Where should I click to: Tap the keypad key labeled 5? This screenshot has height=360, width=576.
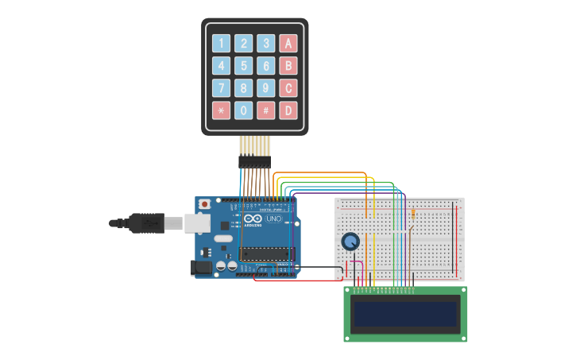(x=244, y=66)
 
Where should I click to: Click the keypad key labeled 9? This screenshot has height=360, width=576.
(x=266, y=88)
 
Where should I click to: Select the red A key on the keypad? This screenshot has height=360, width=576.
(x=288, y=44)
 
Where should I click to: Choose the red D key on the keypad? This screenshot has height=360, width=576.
(x=288, y=110)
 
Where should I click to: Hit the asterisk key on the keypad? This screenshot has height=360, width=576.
(x=222, y=110)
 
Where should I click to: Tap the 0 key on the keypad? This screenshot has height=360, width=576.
(x=244, y=110)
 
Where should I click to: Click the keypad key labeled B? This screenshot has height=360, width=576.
(x=288, y=66)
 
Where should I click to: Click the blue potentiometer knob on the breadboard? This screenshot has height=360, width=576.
(x=350, y=242)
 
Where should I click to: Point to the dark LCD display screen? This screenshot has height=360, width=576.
(x=405, y=315)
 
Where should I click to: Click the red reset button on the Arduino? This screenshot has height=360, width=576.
(x=204, y=204)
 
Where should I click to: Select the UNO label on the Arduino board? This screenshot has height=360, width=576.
(x=273, y=219)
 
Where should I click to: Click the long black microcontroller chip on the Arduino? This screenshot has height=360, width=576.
(x=266, y=254)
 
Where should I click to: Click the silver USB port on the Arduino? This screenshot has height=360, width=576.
(x=198, y=223)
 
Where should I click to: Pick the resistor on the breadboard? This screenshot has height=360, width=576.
(x=413, y=213)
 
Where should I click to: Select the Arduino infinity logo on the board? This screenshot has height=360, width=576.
(x=253, y=219)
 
